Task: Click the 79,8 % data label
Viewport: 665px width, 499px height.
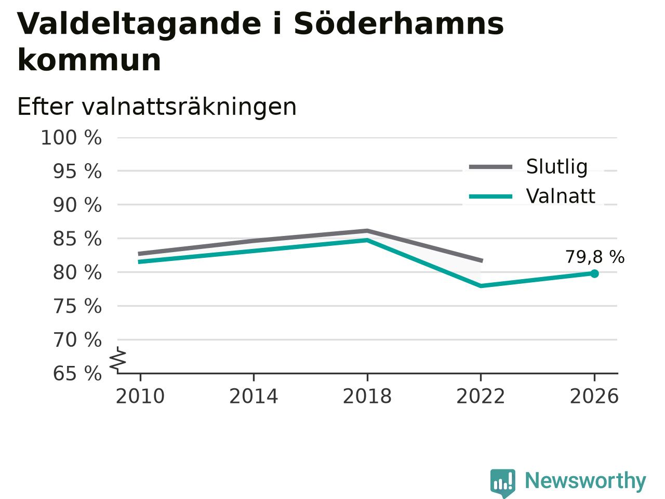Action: [x=595, y=257]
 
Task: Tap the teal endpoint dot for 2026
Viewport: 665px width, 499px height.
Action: [x=594, y=273]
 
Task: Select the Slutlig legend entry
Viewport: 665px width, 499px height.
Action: [x=528, y=167]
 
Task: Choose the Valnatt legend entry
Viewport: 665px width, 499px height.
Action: [x=532, y=196]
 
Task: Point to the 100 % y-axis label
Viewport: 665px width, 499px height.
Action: [x=71, y=138]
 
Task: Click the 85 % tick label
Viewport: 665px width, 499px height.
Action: [x=77, y=239]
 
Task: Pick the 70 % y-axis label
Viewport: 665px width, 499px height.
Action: [x=77, y=340]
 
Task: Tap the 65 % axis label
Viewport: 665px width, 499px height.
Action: [x=77, y=374]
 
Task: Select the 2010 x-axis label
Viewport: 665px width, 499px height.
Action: [x=140, y=396]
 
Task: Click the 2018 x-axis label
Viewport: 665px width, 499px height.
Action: [x=367, y=396]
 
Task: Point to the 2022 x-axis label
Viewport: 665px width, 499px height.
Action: [x=481, y=396]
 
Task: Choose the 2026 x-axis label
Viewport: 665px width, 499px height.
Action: [x=594, y=396]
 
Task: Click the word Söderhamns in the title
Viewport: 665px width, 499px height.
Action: [x=398, y=24]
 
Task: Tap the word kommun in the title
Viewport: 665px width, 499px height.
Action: [x=89, y=60]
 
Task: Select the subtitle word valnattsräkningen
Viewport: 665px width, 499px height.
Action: [x=189, y=107]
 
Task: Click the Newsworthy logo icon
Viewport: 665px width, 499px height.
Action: [x=502, y=483]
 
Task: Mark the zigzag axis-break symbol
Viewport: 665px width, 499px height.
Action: [x=118, y=360]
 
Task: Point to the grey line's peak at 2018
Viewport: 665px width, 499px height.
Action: [x=367, y=231]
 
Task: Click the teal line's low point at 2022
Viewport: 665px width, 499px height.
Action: [x=481, y=286]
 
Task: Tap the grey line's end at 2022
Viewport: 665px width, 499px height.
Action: [x=482, y=260]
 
